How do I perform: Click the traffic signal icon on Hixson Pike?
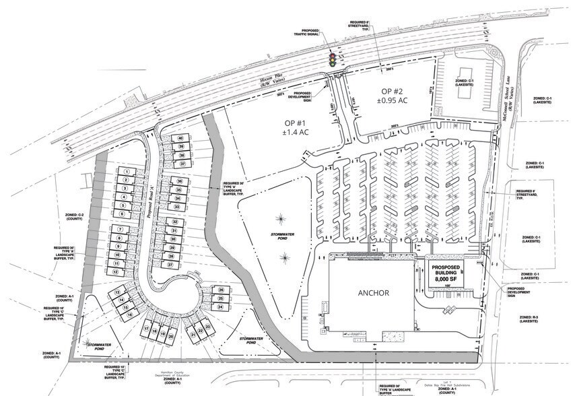[331, 59]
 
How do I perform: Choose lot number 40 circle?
[180, 138]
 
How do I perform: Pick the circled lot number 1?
[125, 173]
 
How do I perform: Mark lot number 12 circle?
[116, 271]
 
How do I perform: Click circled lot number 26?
[220, 290]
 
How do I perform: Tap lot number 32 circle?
[174, 222]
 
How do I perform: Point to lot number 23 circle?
[208, 327]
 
